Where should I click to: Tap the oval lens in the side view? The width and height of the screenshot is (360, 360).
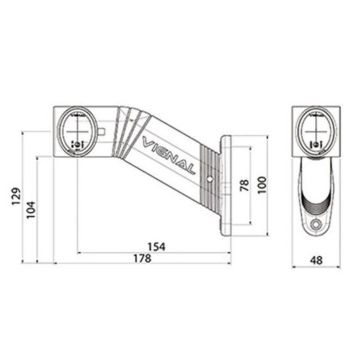pos(79,133)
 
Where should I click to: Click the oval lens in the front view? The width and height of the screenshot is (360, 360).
pos(315,130)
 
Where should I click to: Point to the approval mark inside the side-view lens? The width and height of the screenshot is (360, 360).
pos(79,143)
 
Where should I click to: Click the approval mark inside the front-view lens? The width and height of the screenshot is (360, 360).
pos(315,143)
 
